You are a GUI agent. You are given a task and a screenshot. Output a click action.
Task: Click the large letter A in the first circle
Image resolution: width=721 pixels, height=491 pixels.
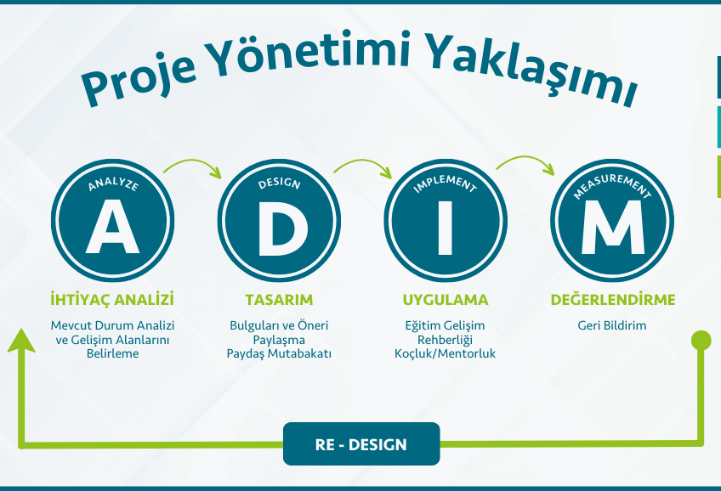point(112,227)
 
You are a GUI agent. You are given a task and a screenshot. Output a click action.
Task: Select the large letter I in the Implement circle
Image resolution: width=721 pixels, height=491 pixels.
point(446,228)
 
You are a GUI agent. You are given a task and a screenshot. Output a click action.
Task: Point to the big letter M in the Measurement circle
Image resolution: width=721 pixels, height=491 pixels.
point(612,228)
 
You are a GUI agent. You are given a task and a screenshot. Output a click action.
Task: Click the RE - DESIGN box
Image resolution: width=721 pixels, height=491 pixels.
point(361,443)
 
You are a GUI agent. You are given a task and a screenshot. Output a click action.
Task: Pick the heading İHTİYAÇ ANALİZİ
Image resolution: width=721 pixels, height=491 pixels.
point(112,300)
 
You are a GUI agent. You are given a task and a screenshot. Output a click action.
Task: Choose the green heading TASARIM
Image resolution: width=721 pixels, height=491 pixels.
point(279,300)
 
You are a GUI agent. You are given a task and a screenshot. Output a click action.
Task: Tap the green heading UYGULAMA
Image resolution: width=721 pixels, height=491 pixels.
point(446,300)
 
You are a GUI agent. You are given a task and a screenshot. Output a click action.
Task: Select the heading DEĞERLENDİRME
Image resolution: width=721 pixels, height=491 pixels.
point(613,300)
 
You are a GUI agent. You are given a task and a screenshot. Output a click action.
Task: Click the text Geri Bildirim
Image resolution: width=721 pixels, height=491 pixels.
point(612,325)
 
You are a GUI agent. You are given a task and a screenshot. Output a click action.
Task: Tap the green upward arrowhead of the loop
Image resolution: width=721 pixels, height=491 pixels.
point(21,341)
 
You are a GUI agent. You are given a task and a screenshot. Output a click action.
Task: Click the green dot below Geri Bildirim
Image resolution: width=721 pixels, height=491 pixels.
point(701,341)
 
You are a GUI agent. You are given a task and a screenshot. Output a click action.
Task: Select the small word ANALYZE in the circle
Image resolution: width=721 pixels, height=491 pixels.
point(113,183)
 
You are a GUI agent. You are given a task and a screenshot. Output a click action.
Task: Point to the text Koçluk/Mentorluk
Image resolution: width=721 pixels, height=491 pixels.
point(446,353)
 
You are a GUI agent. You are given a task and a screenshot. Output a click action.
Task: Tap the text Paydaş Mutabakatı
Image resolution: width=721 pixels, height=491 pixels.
point(279,354)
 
